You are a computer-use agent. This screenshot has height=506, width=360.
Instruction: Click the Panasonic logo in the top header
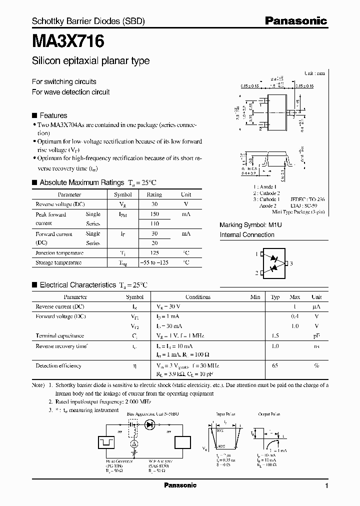295,21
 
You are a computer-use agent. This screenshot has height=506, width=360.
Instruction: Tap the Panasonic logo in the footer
180,485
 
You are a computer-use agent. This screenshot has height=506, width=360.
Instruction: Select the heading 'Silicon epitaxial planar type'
90,61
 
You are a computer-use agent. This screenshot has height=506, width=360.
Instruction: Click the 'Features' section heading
53,115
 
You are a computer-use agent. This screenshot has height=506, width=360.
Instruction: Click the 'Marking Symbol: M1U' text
251,225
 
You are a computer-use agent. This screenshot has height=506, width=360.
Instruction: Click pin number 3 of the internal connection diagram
291,263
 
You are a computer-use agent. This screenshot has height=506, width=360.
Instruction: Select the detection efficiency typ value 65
275,365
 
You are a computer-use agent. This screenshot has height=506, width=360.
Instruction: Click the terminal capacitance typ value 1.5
275,336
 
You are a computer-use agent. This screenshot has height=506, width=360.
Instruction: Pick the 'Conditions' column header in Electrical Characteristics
198,297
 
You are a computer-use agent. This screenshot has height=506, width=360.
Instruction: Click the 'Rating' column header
154,194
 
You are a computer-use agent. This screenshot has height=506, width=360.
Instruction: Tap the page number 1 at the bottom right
326,486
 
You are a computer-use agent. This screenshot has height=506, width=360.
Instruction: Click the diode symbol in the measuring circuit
149,424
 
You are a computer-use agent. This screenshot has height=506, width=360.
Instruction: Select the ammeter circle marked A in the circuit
134,443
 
